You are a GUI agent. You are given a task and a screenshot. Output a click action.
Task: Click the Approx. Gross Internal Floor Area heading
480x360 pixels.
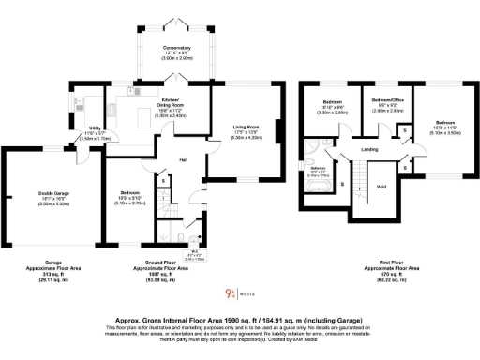tap(239, 318)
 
